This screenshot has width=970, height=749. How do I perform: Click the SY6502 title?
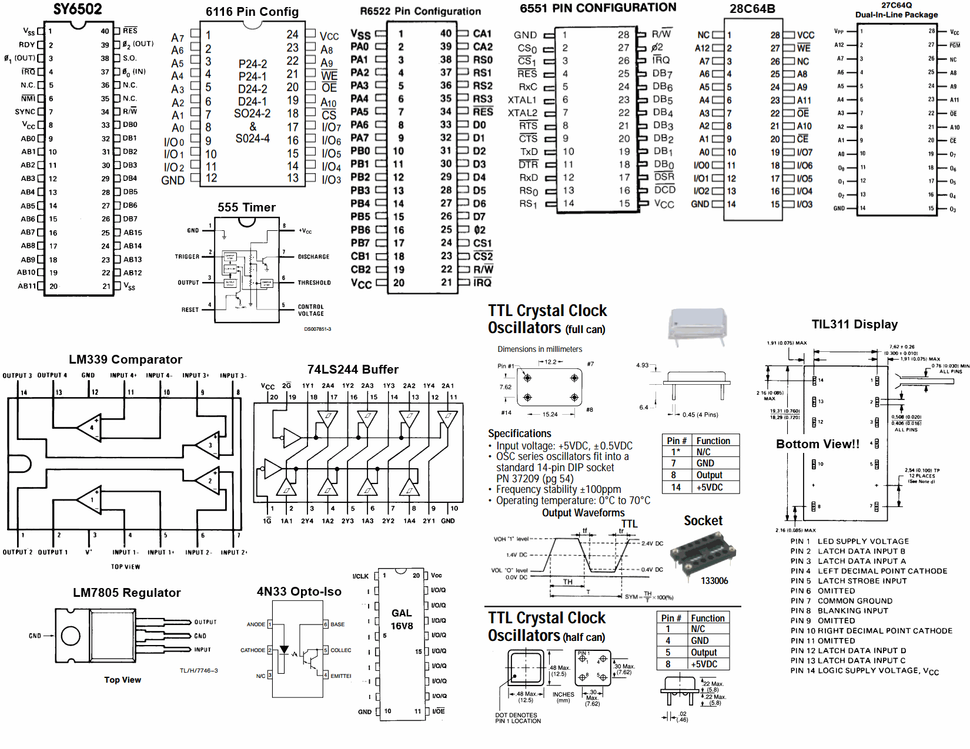coord(78,9)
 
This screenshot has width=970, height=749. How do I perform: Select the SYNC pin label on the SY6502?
coord(25,112)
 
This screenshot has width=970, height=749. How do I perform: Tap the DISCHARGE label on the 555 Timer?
coord(313,257)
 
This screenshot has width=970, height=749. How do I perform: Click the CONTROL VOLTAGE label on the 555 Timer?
coord(310,310)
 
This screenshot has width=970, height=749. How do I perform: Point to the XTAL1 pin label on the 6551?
coord(522,100)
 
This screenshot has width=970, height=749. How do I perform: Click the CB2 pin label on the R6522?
coord(360,270)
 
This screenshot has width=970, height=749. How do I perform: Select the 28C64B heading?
coord(752,9)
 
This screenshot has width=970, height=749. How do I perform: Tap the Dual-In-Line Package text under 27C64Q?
coord(896,15)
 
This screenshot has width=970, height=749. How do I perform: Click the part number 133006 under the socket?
coord(714,581)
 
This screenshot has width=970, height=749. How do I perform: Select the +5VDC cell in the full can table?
coord(710,488)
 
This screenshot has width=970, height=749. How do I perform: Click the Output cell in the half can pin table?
coord(704,653)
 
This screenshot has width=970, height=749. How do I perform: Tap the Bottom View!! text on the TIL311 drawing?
coord(817,444)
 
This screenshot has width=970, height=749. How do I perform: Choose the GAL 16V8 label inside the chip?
coord(402,619)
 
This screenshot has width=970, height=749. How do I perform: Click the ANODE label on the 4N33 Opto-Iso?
coord(256,624)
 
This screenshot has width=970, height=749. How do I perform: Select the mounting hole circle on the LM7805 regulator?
coord(71,636)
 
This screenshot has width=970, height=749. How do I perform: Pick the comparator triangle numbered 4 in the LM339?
coord(91,426)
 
